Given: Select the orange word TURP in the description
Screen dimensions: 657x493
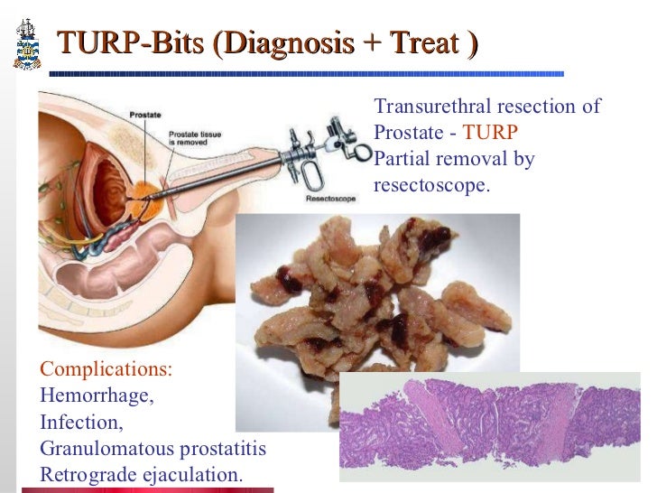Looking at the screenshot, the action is pos(490,133).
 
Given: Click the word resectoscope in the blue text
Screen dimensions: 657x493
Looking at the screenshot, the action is pos(430,186).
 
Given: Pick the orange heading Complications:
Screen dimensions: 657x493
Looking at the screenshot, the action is pos(106,369).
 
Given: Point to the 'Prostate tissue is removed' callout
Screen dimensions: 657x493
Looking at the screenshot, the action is pos(196,139).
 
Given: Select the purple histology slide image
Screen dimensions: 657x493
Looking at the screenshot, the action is pos(496,424).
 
